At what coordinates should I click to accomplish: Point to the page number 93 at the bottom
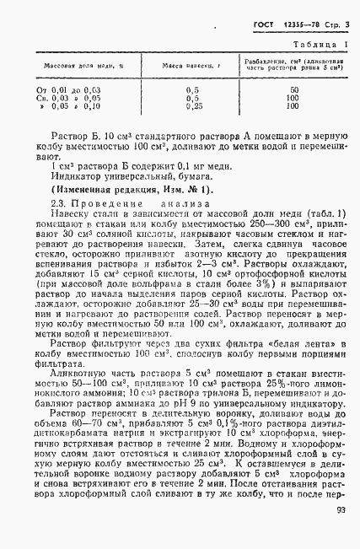[341, 532]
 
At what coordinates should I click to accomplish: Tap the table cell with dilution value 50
[293, 89]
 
